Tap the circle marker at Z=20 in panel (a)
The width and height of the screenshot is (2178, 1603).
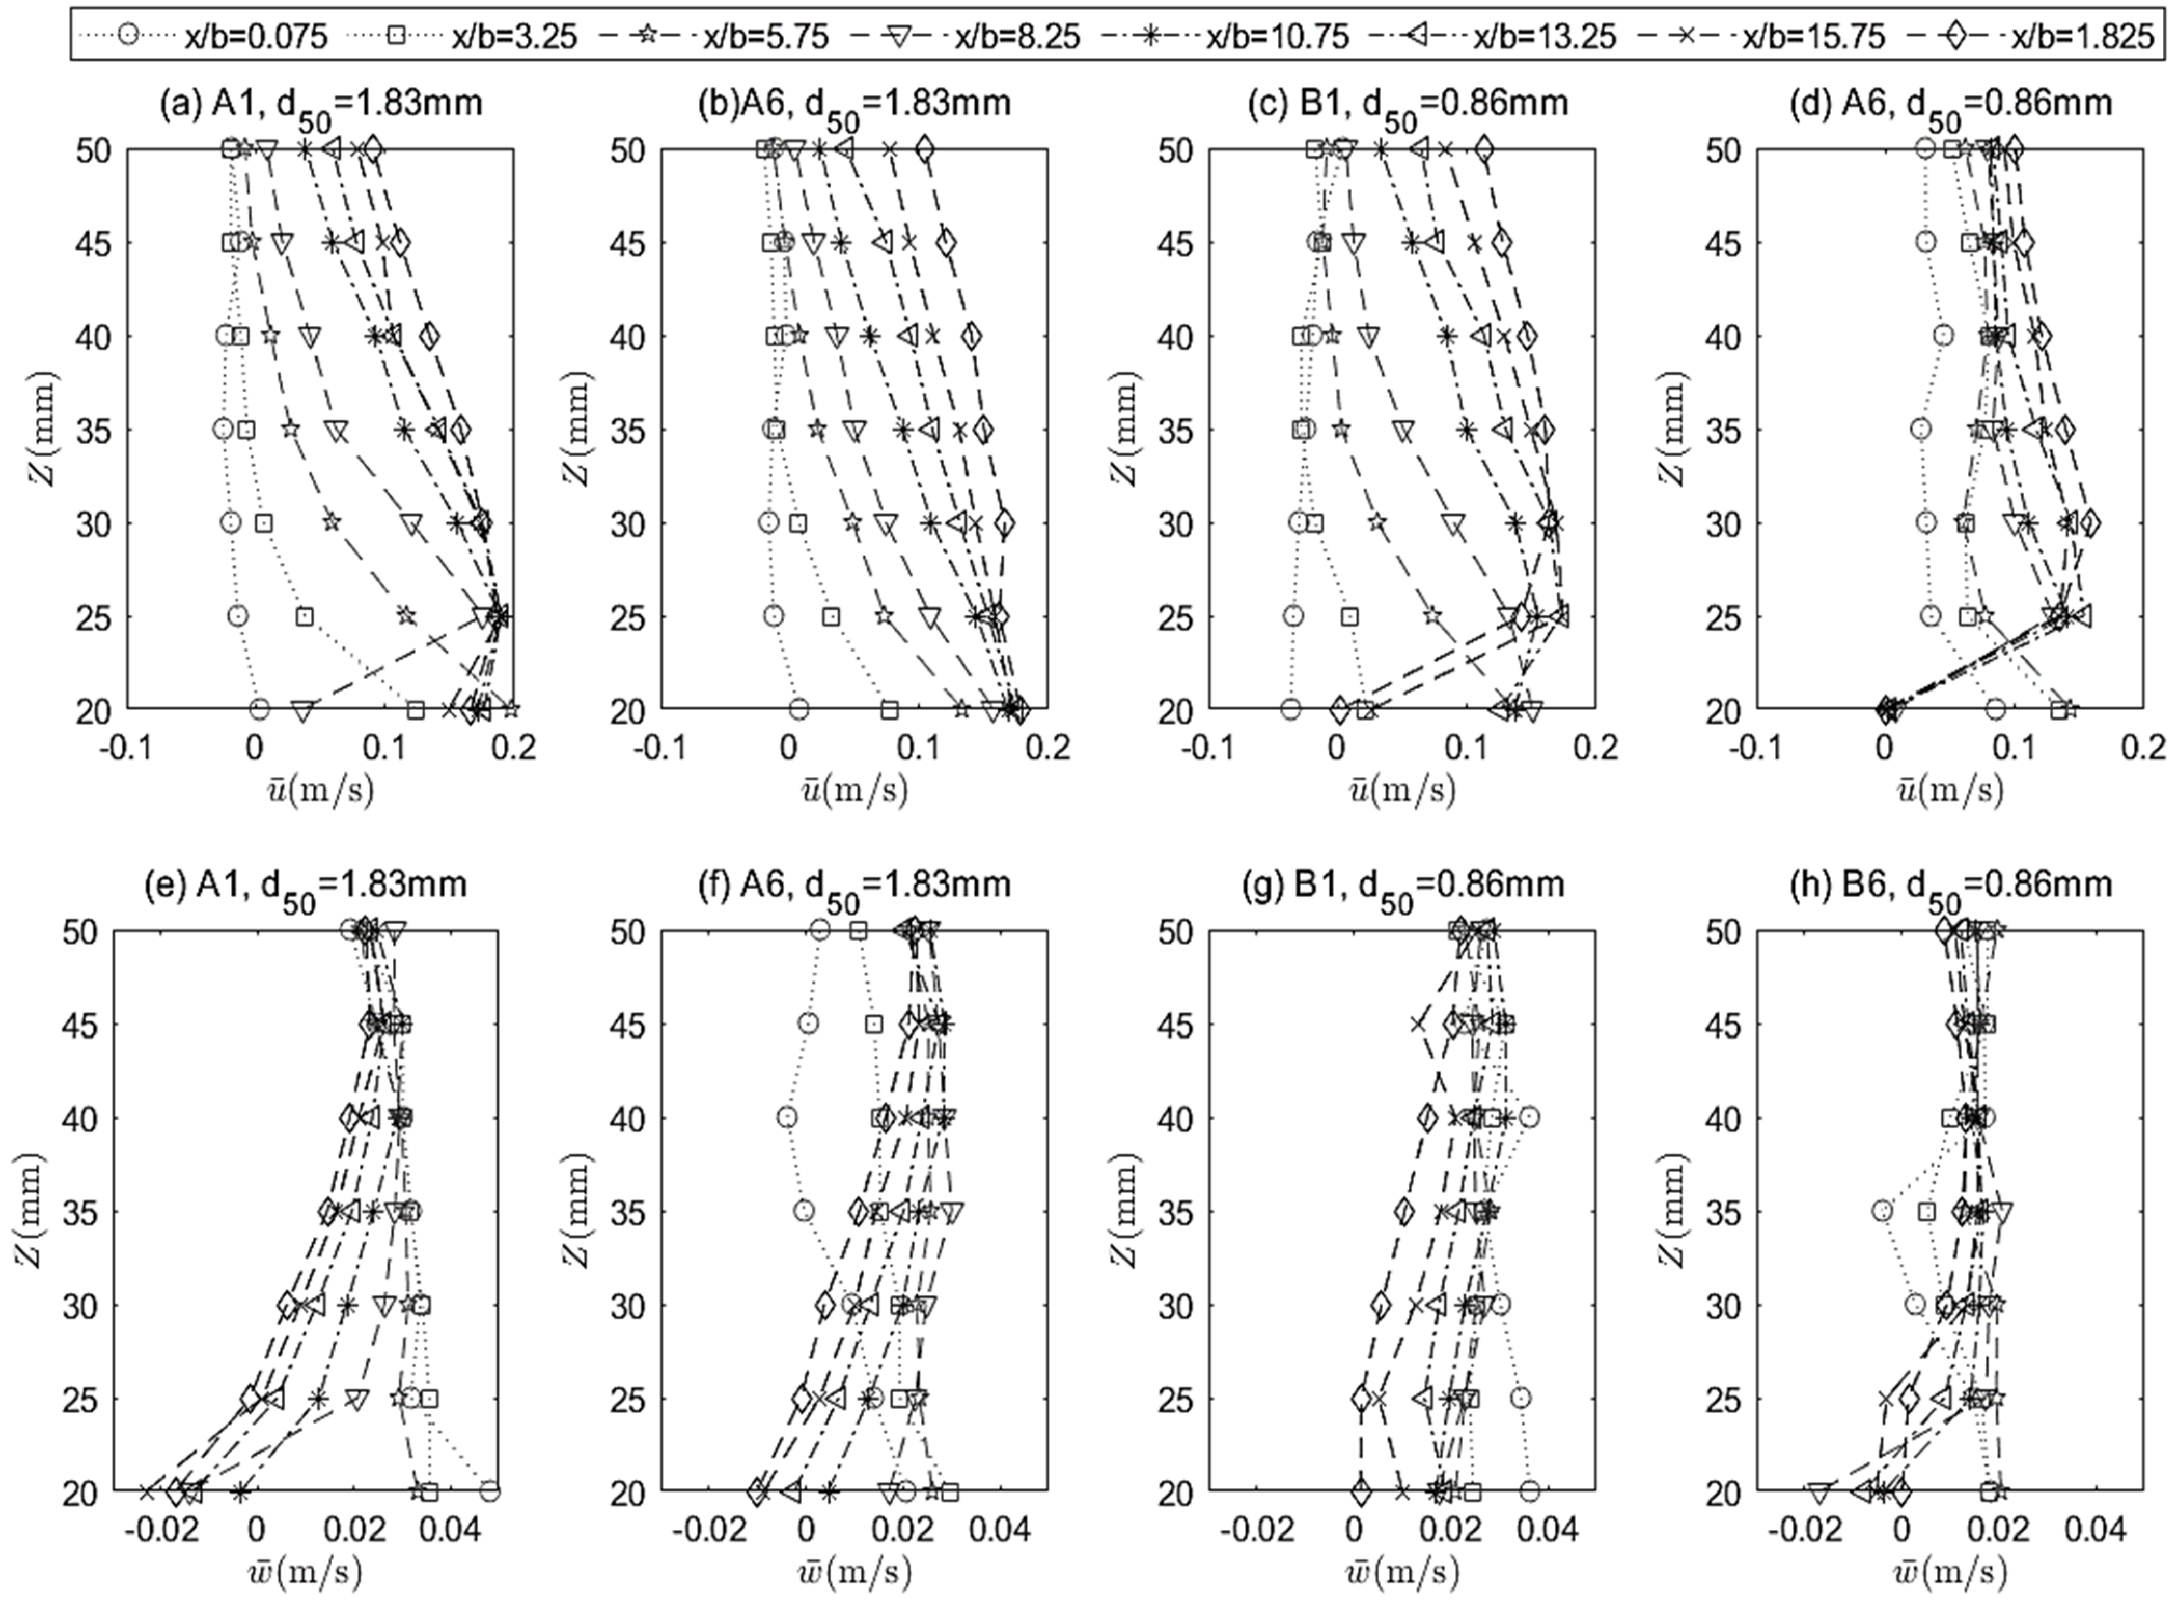coord(259,709)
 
